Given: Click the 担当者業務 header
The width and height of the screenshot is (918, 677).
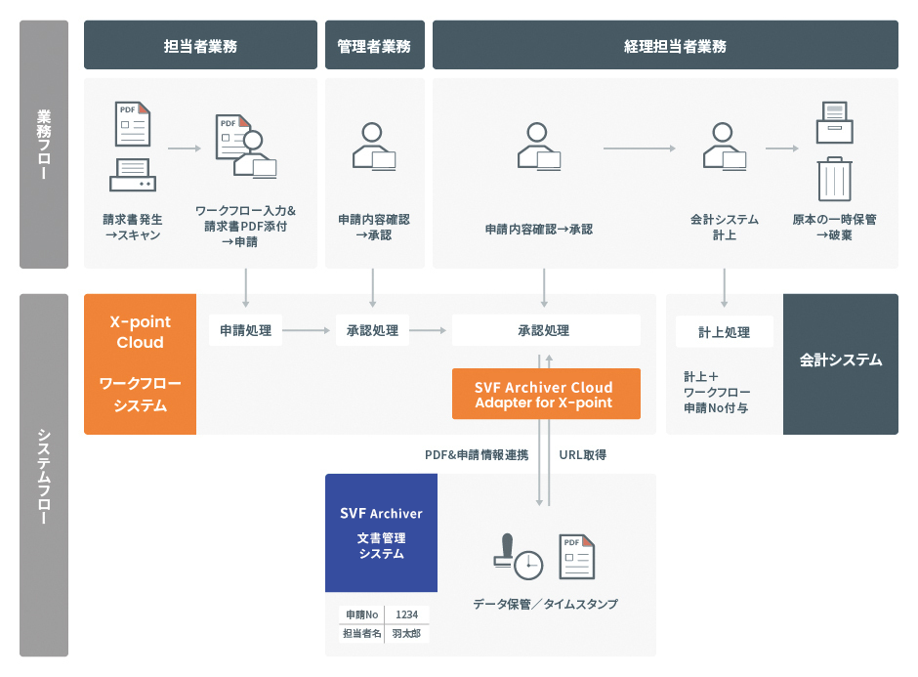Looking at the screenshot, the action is (200, 45).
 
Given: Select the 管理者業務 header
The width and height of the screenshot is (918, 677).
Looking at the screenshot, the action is (375, 45).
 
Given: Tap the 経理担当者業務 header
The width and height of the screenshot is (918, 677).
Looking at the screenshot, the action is (665, 45).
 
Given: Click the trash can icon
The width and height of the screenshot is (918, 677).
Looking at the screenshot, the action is (834, 179).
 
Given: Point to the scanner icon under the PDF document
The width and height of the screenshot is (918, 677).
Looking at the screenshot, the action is (132, 175).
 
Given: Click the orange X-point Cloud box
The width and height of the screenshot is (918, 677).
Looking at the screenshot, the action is (140, 363).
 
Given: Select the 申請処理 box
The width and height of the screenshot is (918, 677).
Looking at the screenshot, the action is (245, 330).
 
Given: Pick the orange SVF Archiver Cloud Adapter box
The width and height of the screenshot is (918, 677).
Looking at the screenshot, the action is (546, 394).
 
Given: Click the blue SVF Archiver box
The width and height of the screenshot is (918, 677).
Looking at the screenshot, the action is (381, 532).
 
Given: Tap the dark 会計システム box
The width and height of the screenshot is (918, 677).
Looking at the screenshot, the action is (840, 363).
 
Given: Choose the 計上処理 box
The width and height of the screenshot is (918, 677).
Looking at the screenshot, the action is (725, 332).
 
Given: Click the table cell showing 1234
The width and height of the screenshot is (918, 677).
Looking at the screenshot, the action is (406, 614).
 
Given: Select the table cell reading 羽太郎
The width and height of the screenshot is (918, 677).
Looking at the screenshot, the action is (406, 634).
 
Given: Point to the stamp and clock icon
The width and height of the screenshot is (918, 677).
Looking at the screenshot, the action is (519, 557).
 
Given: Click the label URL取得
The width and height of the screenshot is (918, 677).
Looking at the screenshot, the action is (582, 454).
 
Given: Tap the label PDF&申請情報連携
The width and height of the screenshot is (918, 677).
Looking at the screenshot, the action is (477, 454).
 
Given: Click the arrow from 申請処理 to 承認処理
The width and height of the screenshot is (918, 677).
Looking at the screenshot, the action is (307, 330).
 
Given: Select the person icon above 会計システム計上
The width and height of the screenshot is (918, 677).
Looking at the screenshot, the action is (725, 147).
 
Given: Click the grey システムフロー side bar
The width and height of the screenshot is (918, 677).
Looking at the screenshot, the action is (44, 475).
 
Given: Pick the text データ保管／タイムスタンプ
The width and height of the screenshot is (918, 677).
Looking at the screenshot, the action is (545, 604).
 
